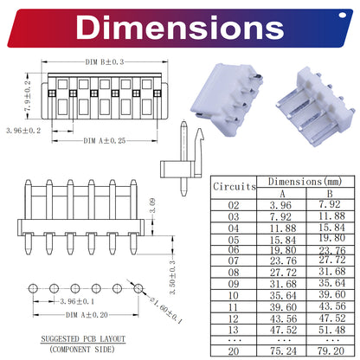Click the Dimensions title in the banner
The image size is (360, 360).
(180, 28)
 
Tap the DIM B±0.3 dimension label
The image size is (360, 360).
(105, 61)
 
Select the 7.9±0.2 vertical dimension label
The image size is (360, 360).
(28, 96)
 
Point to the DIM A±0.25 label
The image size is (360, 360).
(105, 141)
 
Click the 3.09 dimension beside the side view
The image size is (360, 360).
(152, 206)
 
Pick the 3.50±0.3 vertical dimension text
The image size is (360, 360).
(172, 277)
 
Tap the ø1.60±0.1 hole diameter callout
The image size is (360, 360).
(166, 310)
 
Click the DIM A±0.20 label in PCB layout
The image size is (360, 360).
(87, 315)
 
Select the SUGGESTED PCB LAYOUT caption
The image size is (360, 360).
(83, 338)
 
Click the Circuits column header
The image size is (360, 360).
(235, 187)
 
